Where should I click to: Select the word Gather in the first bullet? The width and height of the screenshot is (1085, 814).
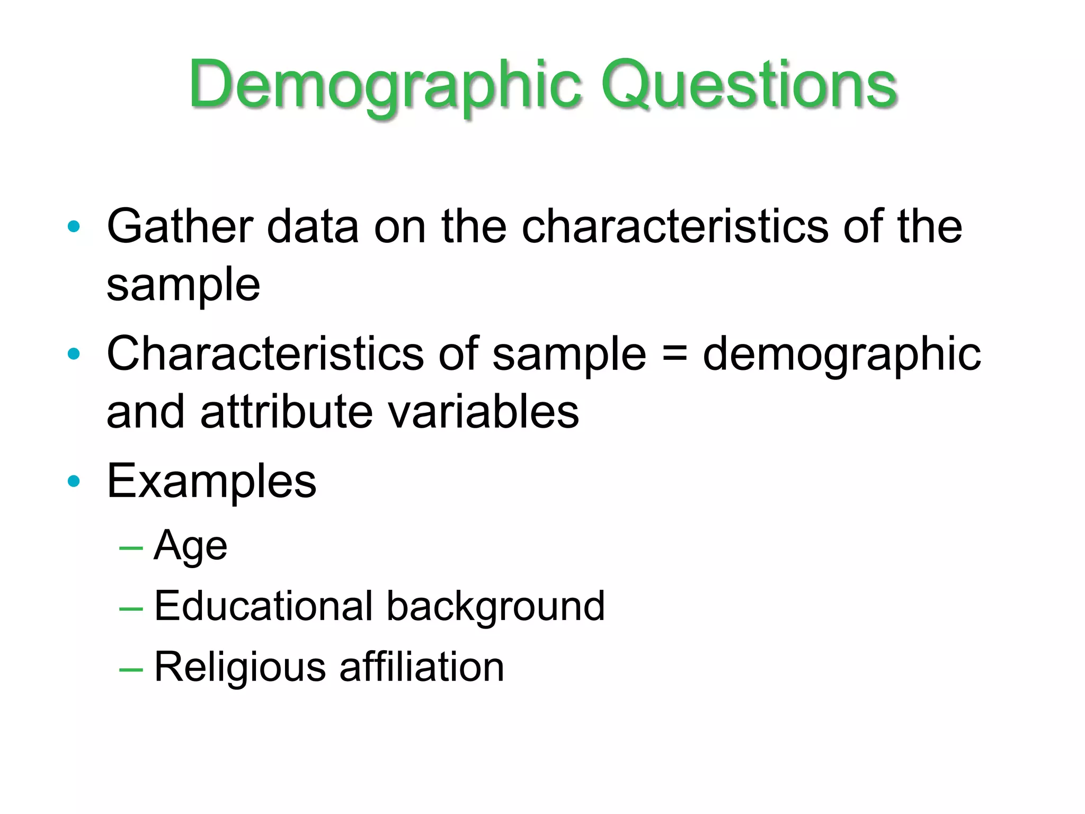[179, 227]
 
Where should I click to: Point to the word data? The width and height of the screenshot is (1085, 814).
[313, 227]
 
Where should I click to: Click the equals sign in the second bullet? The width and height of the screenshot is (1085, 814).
[674, 354]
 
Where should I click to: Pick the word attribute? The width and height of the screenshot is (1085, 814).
[287, 412]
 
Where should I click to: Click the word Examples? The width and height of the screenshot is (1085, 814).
[211, 481]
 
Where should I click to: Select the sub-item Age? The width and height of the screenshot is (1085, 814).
[190, 546]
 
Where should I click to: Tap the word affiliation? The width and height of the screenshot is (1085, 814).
[422, 667]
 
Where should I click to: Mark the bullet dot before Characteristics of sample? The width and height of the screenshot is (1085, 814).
[74, 354]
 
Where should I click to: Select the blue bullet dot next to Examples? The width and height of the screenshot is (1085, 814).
[74, 481]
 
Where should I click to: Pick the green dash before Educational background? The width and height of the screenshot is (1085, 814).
[131, 609]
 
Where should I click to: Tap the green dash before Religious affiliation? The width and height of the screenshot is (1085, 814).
[131, 670]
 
